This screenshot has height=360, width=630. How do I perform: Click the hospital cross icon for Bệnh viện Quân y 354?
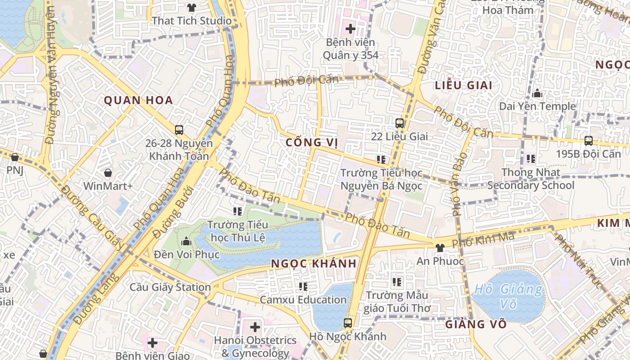[350, 29]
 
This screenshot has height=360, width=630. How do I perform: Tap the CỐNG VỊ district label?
[312, 143]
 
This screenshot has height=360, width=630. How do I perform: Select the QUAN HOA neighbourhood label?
[139, 100]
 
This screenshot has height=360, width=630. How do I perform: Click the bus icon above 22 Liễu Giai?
[399, 123]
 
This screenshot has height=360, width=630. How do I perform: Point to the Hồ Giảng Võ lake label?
[508, 296]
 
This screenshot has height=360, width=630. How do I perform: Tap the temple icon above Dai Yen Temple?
[536, 94]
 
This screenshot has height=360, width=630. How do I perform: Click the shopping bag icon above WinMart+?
[108, 173]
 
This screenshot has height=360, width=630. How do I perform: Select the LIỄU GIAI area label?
[463, 85]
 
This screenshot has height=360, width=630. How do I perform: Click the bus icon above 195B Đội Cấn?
[588, 141]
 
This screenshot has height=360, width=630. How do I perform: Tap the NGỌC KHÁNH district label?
[314, 264]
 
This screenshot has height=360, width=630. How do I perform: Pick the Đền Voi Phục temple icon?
[186, 242]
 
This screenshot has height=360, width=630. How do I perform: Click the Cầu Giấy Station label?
[170, 287]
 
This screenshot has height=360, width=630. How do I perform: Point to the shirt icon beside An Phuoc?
[440, 247]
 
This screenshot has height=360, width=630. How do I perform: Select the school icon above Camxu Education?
[303, 286]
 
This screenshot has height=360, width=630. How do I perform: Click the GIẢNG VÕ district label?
[476, 324]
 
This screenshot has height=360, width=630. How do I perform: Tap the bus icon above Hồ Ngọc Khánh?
[347, 323]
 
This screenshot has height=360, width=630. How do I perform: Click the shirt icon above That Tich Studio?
[192, 7]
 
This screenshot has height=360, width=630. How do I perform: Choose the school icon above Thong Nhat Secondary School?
[531, 159]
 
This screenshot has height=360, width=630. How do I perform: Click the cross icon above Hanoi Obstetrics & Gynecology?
[255, 327]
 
